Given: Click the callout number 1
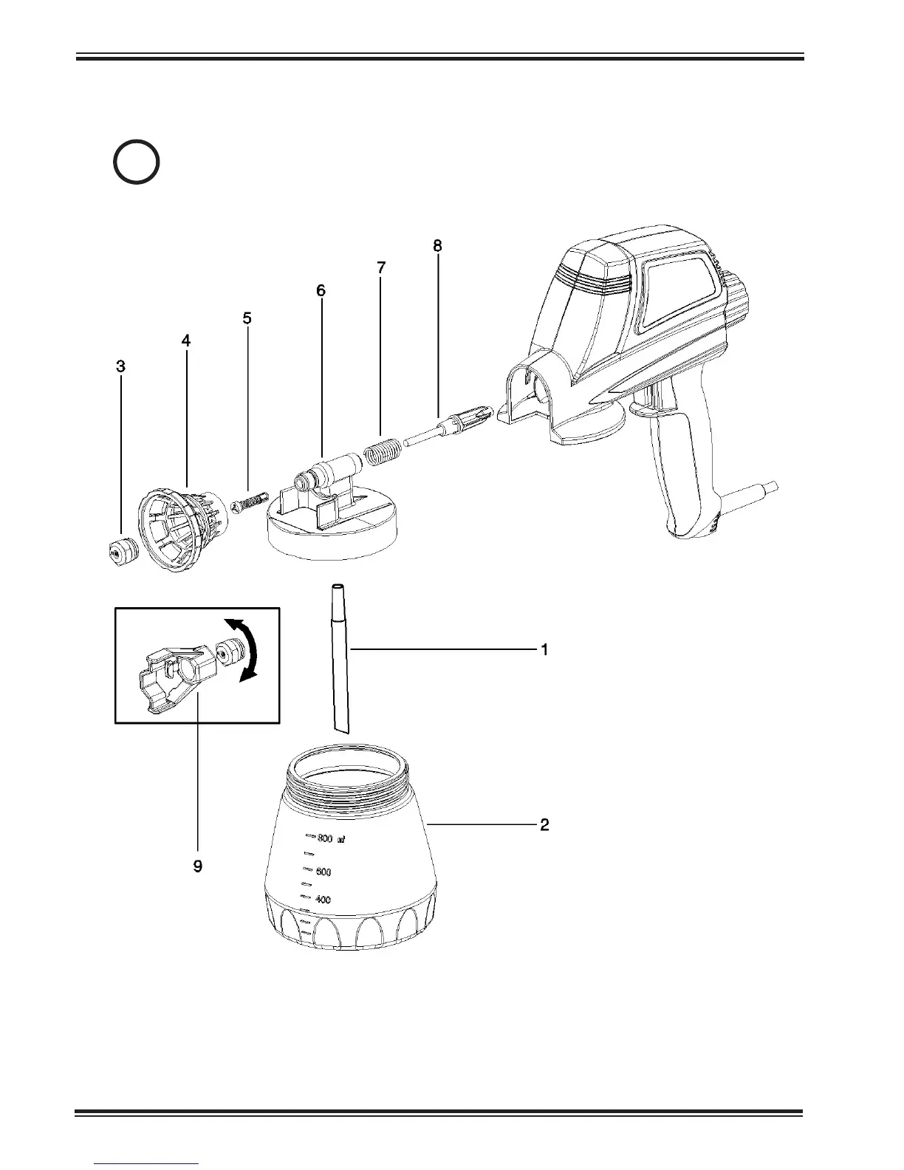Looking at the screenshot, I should coord(544,651).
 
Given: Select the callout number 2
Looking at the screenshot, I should coord(544,824).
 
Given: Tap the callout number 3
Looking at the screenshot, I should coord(120,366).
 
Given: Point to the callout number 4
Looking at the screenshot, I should coord(186,341).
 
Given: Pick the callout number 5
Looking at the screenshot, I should coord(247,318).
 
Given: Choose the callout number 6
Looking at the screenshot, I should coord(321,291).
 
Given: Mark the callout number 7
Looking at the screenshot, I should coord(381,268).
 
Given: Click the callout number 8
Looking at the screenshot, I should coord(437,246).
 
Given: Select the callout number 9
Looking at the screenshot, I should coord(198,866).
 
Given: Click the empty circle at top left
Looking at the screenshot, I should coord(137,162).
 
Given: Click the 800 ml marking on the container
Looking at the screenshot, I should coord(327,838).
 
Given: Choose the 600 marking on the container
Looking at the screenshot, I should coord(323,872).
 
